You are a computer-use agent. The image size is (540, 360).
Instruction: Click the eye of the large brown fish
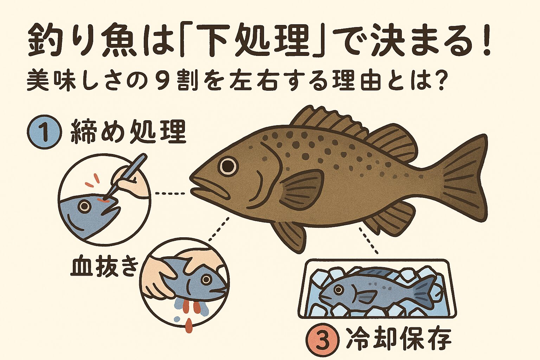click(x=228, y=165)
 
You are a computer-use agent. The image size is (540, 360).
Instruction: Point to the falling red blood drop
click(x=189, y=325)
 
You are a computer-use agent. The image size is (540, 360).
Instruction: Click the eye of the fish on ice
click(x=338, y=290)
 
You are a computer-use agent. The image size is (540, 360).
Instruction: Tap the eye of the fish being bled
click(x=206, y=279)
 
